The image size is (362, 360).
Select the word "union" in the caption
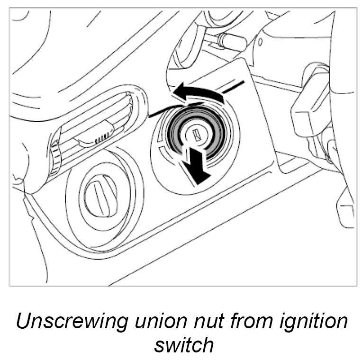[154, 322]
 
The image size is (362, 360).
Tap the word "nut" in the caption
[204, 322]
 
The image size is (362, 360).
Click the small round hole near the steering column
[260, 42]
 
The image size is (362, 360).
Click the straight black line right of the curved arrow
[234, 86]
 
